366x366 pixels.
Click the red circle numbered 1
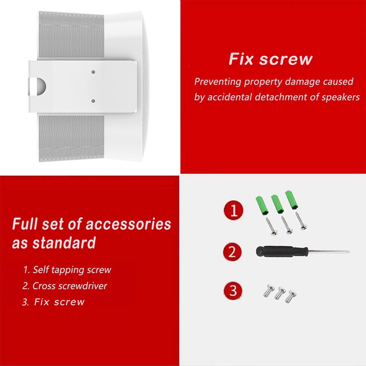click(233, 211)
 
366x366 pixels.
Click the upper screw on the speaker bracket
click(93, 72)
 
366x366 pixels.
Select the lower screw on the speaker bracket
click(93, 101)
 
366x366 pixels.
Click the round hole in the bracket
click(38, 86)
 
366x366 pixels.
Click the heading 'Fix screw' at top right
click(270, 59)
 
